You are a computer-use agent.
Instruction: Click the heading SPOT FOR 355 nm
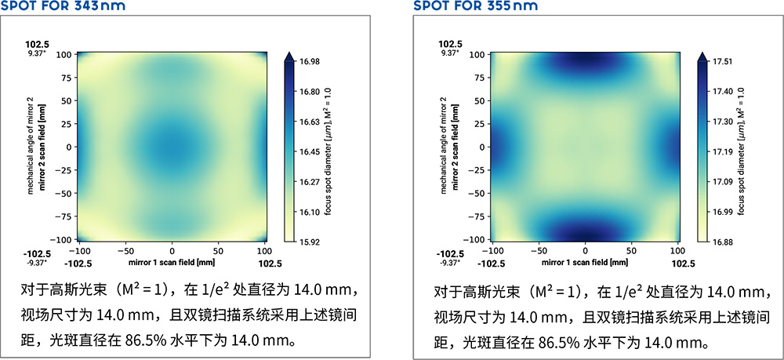[475, 7]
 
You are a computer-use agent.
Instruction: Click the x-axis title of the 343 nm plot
[172, 264]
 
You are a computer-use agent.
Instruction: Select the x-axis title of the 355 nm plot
[586, 264]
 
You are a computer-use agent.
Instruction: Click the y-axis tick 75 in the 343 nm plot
[64, 78]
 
